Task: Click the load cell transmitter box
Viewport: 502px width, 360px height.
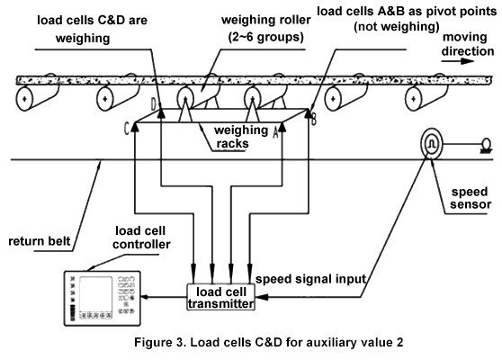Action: click(x=221, y=297)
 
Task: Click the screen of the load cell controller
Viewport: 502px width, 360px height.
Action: click(x=95, y=294)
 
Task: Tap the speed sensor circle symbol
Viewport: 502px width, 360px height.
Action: click(x=431, y=144)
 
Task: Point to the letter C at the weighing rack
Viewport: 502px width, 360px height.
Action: click(x=127, y=129)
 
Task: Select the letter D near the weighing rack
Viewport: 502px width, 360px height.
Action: click(x=154, y=103)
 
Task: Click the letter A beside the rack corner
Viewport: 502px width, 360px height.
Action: click(x=275, y=132)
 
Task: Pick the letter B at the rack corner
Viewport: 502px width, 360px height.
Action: click(x=313, y=120)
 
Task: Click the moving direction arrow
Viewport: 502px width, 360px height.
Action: click(x=458, y=60)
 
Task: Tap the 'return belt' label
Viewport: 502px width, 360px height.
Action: click(x=39, y=241)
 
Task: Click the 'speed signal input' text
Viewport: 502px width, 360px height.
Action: click(x=310, y=279)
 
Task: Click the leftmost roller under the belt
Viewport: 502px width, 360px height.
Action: click(x=24, y=99)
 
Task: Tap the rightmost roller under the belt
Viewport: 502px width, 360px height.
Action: click(x=414, y=99)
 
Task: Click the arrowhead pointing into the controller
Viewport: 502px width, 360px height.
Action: click(x=144, y=297)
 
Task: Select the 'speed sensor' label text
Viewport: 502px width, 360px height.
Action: click(x=471, y=198)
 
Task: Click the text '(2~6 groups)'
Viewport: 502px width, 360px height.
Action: click(x=265, y=37)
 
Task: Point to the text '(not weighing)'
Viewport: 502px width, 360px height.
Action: click(x=397, y=26)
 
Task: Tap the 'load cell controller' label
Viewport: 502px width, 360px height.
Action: click(x=141, y=238)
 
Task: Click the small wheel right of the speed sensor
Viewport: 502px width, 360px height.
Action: click(x=486, y=143)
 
